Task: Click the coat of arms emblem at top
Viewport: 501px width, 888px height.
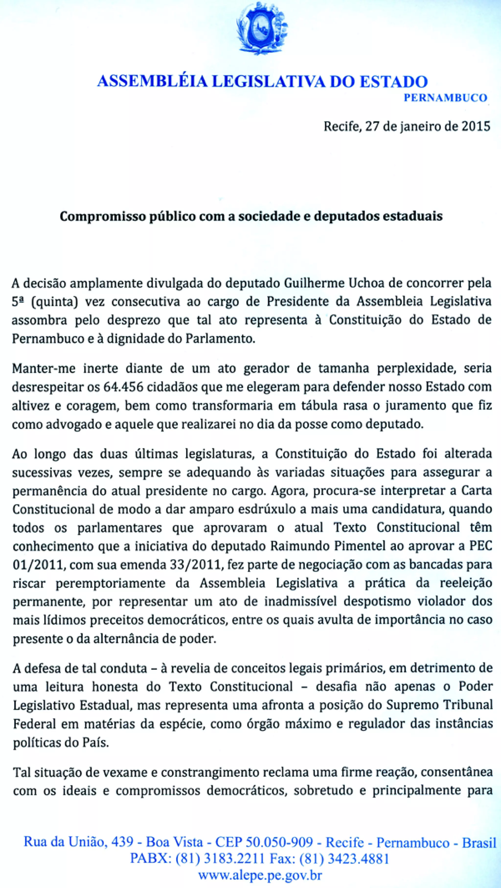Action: tap(262, 28)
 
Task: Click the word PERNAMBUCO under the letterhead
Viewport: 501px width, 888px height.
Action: tap(445, 98)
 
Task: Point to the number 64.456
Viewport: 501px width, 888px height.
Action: tap(124, 387)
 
